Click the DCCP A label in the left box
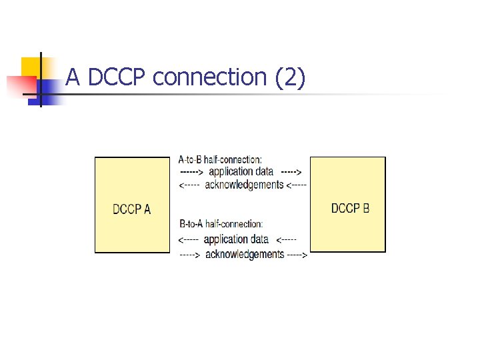coord(132,209)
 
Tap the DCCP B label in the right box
coord(350,208)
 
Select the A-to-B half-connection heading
coord(220,159)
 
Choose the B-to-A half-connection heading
coord(221,224)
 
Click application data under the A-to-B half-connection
coord(241,171)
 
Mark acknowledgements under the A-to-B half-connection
coord(244,185)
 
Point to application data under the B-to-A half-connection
coord(236,239)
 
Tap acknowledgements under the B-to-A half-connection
coord(245,254)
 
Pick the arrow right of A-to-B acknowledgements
coord(297,185)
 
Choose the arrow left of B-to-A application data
coord(189,239)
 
